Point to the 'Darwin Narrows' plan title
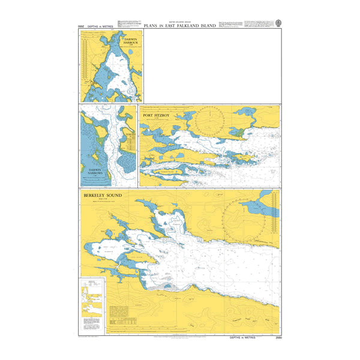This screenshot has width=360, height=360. click(95, 172)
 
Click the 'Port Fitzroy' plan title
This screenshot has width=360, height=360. click(158, 115)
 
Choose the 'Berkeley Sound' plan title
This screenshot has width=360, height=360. click(103, 196)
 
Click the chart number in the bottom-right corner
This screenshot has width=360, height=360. click(274, 338)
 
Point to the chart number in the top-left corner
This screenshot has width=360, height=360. click(82, 28)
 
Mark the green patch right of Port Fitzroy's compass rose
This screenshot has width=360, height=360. click(236, 131)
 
